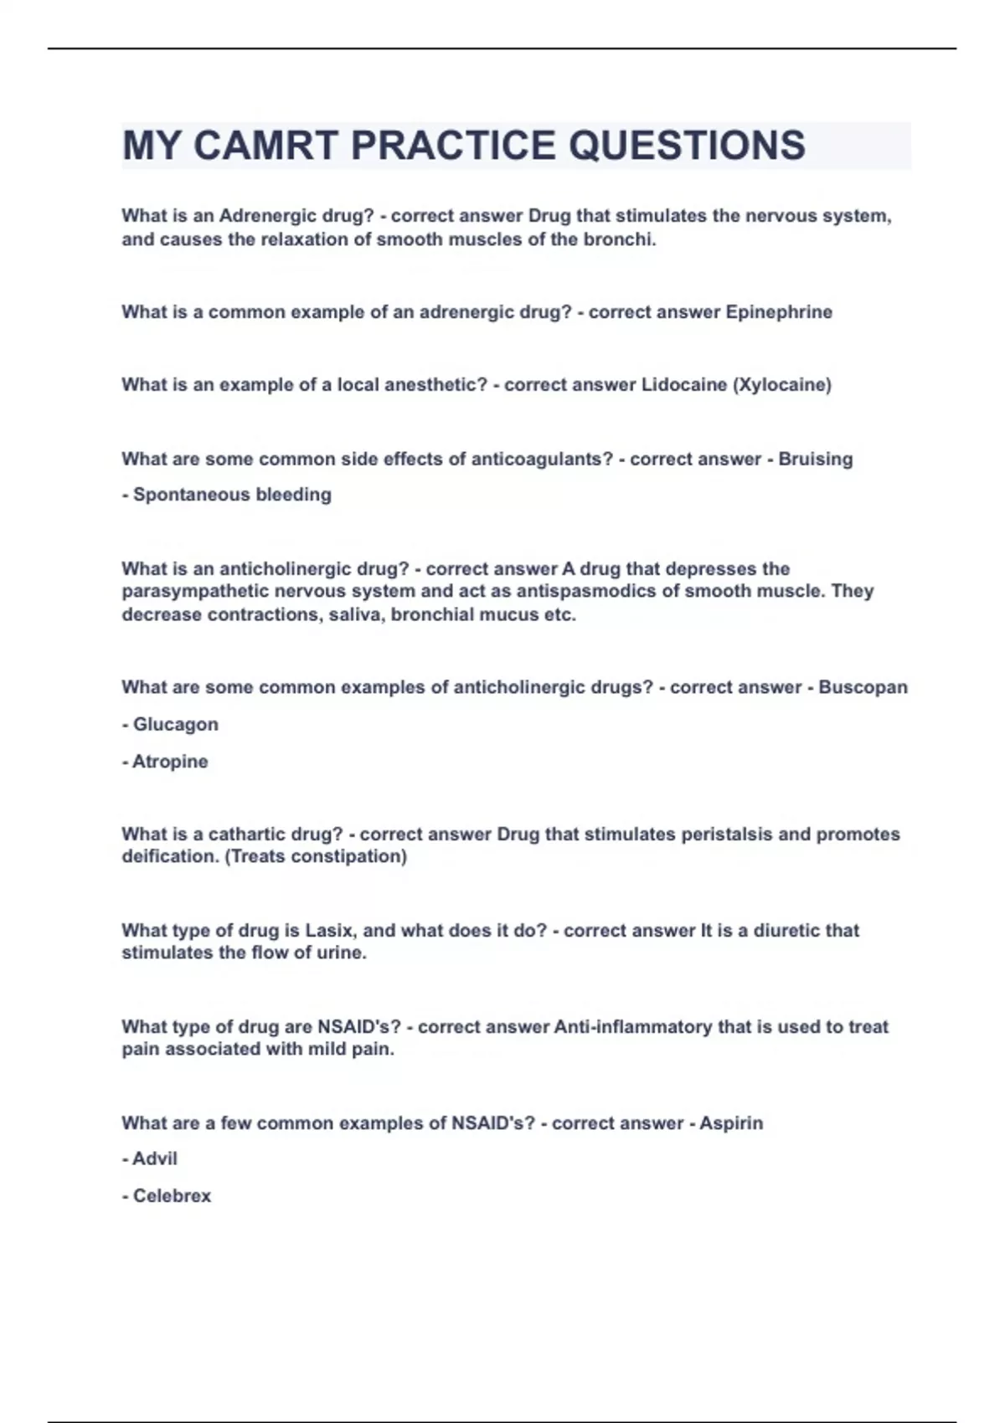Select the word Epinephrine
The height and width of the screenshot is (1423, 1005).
(x=779, y=312)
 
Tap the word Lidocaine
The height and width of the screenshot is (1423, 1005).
(x=683, y=385)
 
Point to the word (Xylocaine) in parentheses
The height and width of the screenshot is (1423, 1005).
(x=782, y=385)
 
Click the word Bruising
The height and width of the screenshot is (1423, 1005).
(x=815, y=460)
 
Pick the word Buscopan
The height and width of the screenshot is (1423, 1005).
(x=863, y=687)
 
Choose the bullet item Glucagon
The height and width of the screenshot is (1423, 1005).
(x=175, y=724)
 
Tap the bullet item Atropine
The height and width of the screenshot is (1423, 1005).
(x=170, y=762)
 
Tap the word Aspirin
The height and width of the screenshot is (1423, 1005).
(x=730, y=1123)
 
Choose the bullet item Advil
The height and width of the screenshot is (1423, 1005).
(x=154, y=1159)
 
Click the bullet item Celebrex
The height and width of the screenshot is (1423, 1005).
(x=172, y=1196)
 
